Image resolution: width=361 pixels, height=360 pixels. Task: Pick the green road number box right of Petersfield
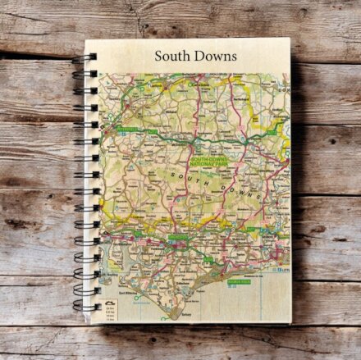[151, 131]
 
